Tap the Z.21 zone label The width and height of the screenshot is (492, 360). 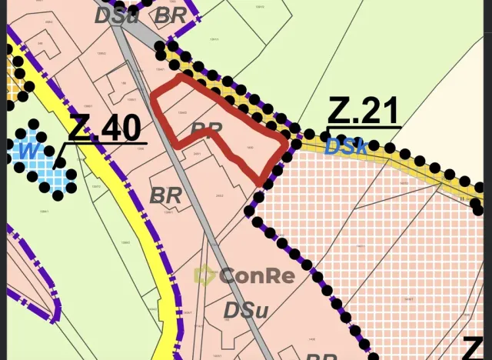[362, 112]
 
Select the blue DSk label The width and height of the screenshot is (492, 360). [346, 146]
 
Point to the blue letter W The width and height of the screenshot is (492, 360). [28, 151]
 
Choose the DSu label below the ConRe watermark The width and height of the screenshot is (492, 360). [245, 310]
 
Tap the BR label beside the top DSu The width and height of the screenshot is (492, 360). [171, 15]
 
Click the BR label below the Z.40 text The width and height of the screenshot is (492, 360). [165, 195]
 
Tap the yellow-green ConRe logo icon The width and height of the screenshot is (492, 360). [204, 275]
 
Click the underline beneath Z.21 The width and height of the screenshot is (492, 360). [364, 127]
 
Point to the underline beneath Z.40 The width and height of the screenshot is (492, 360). [108, 143]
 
